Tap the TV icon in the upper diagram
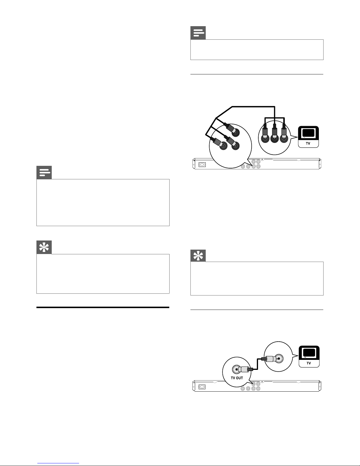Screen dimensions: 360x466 (x=308, y=137)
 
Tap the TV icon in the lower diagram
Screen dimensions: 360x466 (x=309, y=356)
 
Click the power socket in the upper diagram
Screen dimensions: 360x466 (x=202, y=164)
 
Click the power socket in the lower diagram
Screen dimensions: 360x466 (x=202, y=387)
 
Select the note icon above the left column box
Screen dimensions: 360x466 (x=44, y=172)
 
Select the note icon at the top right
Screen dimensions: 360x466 (x=198, y=33)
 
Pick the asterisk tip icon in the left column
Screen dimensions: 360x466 (x=44, y=247)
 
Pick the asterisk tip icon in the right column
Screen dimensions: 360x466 (x=198, y=255)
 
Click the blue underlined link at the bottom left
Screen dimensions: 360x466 (x=58, y=463)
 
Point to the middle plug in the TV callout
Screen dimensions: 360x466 (x=274, y=133)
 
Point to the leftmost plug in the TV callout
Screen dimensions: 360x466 (x=265, y=133)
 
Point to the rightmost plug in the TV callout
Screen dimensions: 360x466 (x=284, y=133)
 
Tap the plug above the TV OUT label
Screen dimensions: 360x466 (x=243, y=369)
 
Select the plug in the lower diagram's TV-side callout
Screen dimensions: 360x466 (x=272, y=358)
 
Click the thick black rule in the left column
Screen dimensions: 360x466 (x=103, y=307)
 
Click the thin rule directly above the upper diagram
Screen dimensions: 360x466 (x=257, y=74)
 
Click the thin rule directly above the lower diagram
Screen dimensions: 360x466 (x=257, y=310)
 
